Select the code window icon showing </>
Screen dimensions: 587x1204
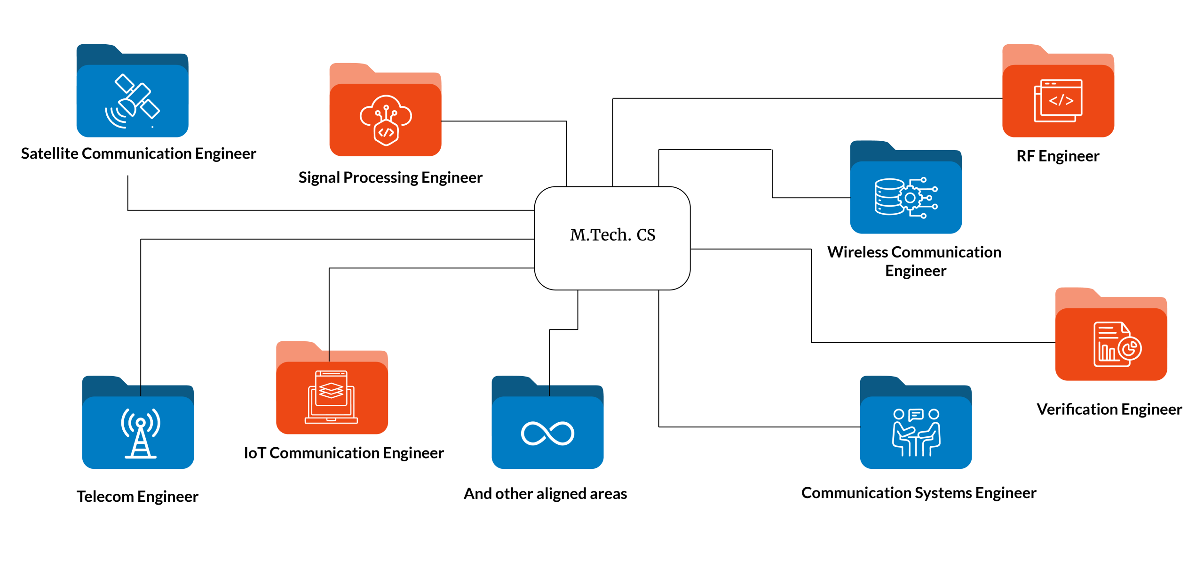pyautogui.click(x=1058, y=100)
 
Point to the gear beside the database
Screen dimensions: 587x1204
pyautogui.click(x=910, y=198)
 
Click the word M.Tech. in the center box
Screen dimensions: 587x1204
pyautogui.click(x=600, y=234)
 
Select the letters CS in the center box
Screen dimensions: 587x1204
pyautogui.click(x=646, y=234)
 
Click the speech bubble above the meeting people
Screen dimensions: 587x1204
pyautogui.click(x=916, y=415)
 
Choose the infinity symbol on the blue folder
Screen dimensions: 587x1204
pyautogui.click(x=547, y=433)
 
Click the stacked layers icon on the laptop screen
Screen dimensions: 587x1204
pyautogui.click(x=331, y=390)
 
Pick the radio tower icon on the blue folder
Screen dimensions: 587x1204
pyautogui.click(x=141, y=433)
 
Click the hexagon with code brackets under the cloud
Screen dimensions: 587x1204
pyautogui.click(x=386, y=133)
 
